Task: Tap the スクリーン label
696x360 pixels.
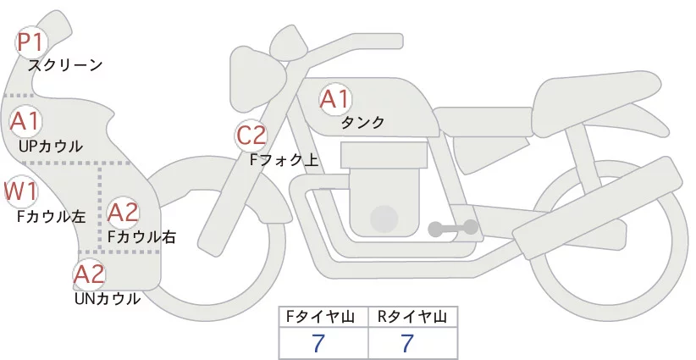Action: [65, 65]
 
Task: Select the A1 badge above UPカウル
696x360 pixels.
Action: [25, 120]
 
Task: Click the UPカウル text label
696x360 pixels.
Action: [51, 147]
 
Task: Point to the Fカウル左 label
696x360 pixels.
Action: [52, 217]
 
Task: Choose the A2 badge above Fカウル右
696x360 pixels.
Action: [124, 212]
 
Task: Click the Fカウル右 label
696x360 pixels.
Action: [141, 237]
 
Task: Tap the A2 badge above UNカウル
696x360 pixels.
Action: [89, 274]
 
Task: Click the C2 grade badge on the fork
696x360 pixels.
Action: [251, 135]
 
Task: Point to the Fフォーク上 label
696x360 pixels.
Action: [284, 158]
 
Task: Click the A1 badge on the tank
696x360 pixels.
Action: [334, 99]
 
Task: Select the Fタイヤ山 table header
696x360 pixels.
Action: [323, 317]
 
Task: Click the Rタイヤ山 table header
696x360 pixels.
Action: [412, 317]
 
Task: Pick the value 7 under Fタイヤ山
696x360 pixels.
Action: [318, 342]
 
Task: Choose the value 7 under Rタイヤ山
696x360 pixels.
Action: [407, 342]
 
